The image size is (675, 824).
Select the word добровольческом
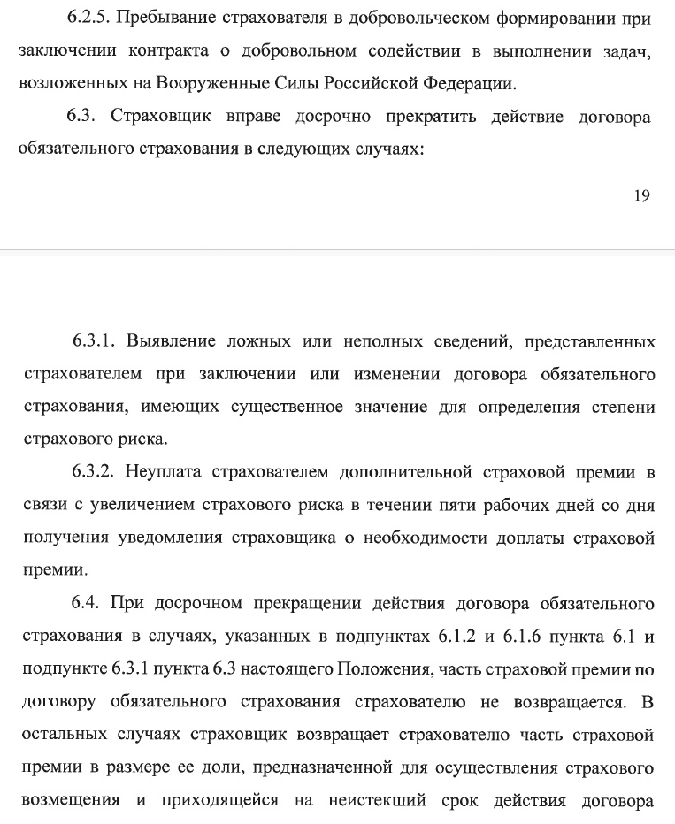click(392, 18)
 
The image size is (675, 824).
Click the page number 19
click(641, 196)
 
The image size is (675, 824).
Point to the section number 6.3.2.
click(93, 472)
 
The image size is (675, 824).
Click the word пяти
click(426, 505)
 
